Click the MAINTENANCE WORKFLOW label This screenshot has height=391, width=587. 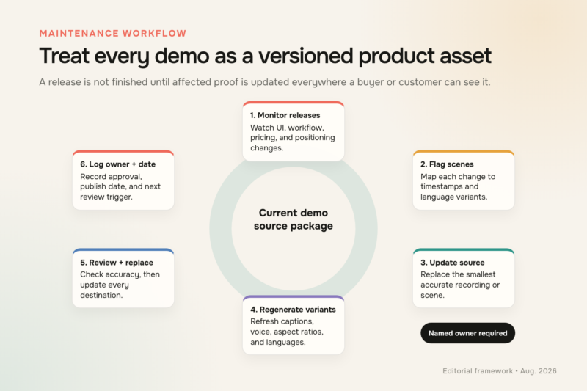click(113, 33)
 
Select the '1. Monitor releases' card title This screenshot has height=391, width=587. click(285, 115)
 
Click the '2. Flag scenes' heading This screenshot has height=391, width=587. click(447, 164)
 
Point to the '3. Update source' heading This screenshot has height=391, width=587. click(453, 263)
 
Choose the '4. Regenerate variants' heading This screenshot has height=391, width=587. click(293, 310)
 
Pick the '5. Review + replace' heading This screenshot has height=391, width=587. click(117, 263)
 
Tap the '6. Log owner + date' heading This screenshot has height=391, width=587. click(118, 164)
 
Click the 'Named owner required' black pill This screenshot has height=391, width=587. click(468, 333)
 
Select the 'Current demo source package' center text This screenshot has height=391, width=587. click(293, 219)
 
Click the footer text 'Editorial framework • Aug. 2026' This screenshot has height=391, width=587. click(500, 370)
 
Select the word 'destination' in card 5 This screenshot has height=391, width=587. click(101, 295)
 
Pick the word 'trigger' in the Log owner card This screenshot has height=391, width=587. click(120, 197)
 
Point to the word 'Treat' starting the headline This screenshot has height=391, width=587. click(64, 56)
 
